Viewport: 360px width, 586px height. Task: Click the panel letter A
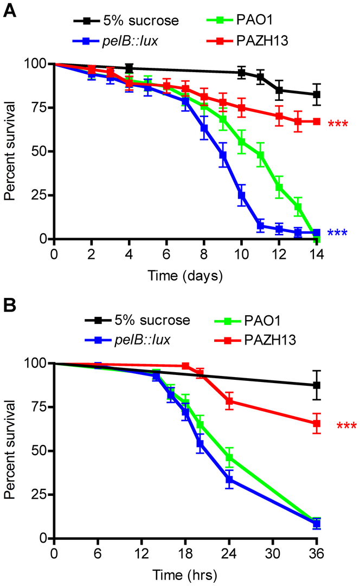click(x=10, y=10)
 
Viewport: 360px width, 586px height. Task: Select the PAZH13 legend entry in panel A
click(x=249, y=40)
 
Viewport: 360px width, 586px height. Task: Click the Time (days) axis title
click(x=185, y=276)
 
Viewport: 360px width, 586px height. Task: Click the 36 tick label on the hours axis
click(x=317, y=554)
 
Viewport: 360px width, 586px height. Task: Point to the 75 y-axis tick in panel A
click(x=40, y=107)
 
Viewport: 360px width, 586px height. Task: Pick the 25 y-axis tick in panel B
click(x=40, y=494)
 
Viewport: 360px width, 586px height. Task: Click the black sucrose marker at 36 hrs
click(x=317, y=385)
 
